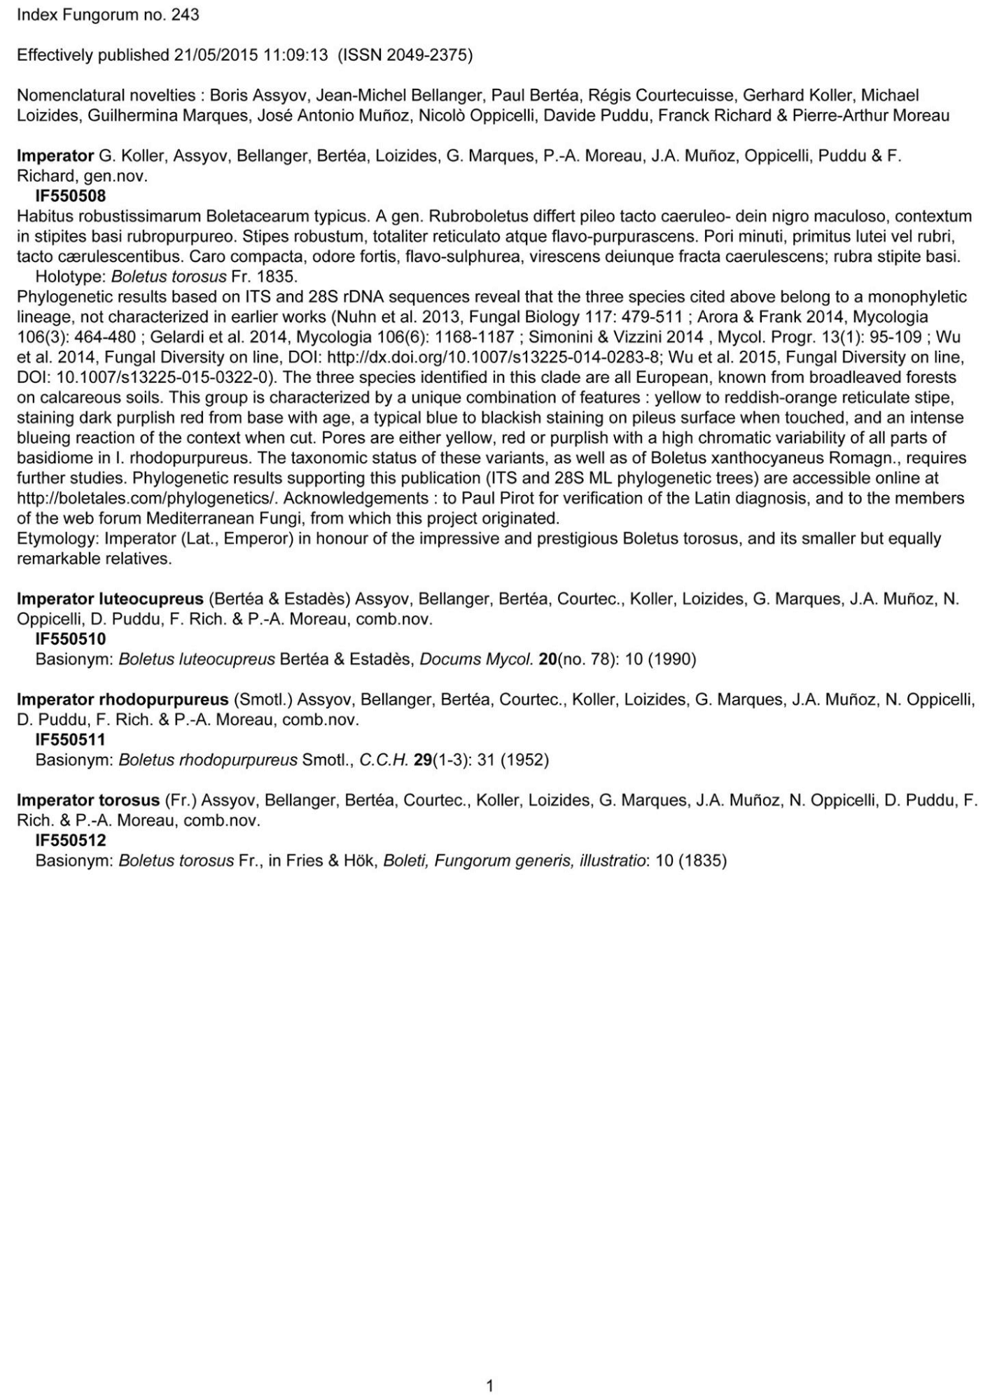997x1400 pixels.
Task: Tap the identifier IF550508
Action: tap(70, 196)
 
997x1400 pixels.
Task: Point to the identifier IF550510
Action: tap(70, 639)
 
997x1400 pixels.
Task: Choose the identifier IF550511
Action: tap(70, 740)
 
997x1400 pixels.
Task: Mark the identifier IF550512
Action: tap(70, 841)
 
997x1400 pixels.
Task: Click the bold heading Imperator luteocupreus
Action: tap(110, 599)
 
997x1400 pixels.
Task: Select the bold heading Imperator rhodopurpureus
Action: tap(123, 700)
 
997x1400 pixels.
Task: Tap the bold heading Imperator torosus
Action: tap(88, 801)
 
